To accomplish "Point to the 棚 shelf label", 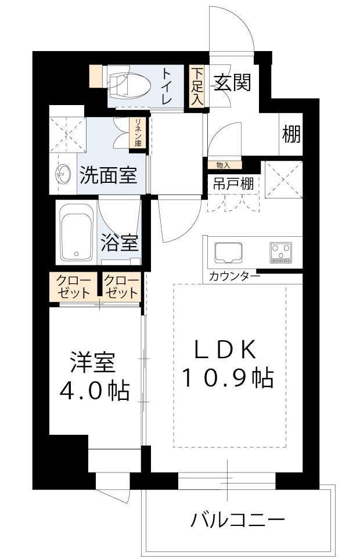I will point(291,135).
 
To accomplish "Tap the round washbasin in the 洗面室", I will point(63,173).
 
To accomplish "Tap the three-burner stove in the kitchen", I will point(280,253).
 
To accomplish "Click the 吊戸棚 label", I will point(232,185).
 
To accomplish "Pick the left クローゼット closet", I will point(73,287).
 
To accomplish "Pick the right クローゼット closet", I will point(121,287).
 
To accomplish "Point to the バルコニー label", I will point(237,518).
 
